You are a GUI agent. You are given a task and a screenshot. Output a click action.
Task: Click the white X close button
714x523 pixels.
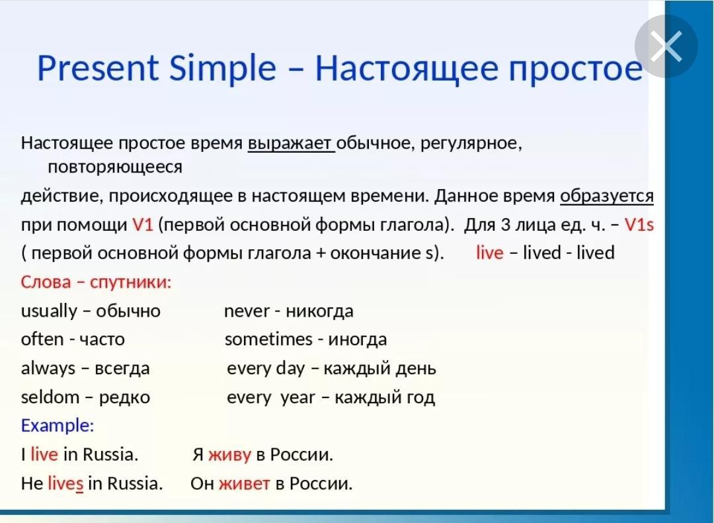point(666,46)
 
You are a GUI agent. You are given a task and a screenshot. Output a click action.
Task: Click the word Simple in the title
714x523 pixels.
point(223,68)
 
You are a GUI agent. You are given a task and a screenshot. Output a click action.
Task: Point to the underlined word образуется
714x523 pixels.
point(606,196)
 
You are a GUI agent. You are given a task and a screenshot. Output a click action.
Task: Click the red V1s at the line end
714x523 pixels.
point(639,225)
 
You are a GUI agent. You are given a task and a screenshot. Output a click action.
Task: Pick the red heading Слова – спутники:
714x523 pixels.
point(96,282)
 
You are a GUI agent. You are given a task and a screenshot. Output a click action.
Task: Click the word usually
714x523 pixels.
point(49,311)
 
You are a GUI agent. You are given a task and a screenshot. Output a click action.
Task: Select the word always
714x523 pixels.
point(48,368)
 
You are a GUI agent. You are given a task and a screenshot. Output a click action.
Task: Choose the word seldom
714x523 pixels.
point(50,397)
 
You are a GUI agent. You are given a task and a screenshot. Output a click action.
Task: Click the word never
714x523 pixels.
point(247,311)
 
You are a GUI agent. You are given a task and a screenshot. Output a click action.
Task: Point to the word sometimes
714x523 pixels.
point(268,339)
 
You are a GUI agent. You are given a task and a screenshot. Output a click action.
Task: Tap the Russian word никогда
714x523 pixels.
point(320,311)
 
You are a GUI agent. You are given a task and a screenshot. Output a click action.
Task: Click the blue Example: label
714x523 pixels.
point(58,426)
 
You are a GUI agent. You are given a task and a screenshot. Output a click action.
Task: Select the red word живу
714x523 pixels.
point(229,455)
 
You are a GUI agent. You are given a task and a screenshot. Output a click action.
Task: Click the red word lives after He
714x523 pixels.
point(65,483)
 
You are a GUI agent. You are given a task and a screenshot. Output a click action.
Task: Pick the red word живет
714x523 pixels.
point(245,483)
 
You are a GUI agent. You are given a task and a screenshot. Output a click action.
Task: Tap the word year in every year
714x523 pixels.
point(297,398)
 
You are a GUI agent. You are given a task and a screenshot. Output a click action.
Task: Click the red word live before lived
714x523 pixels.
point(489,253)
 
